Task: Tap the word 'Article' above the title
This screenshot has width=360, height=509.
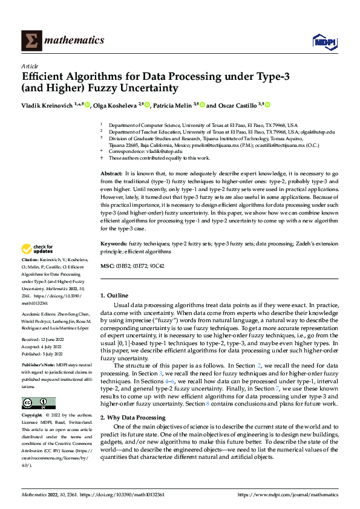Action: pyautogui.click(x=30, y=66)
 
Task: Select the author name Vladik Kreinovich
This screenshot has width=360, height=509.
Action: pyautogui.click(x=45, y=105)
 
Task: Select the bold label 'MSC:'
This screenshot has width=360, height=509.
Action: pyautogui.click(x=106, y=266)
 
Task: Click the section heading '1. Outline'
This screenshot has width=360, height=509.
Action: pyautogui.click(x=116, y=295)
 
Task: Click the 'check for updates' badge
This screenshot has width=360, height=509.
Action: pyautogui.click(x=38, y=249)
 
